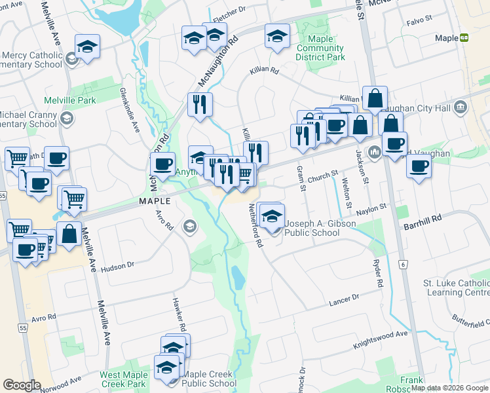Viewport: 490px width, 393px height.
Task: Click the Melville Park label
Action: point(69,100)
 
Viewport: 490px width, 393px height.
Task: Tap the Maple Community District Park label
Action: point(320,48)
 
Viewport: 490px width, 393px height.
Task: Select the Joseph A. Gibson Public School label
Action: point(320,228)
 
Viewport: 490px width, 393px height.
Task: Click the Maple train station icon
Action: point(464,39)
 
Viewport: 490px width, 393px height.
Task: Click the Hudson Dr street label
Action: point(118,265)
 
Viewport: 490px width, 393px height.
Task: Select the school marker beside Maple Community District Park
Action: point(277,35)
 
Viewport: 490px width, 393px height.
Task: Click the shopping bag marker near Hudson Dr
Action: point(68,234)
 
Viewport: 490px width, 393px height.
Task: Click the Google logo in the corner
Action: point(22,385)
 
